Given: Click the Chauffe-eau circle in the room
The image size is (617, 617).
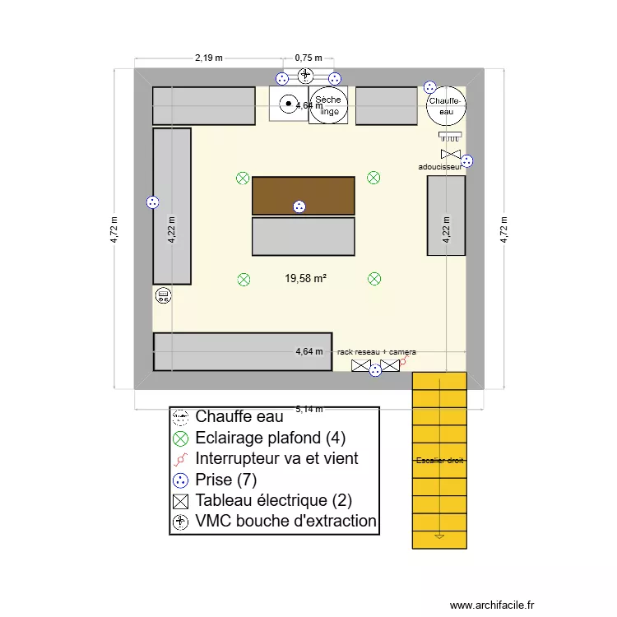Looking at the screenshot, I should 446,105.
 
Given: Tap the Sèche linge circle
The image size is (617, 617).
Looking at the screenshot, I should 329,105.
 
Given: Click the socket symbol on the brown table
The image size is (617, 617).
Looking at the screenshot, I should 299,206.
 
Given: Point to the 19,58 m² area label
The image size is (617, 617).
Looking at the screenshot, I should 306,279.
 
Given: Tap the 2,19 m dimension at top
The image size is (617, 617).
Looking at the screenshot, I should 209,58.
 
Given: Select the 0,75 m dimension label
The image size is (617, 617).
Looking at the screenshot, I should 308,58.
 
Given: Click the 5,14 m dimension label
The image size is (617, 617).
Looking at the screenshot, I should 308,409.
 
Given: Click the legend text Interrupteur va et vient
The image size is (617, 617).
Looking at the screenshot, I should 276,458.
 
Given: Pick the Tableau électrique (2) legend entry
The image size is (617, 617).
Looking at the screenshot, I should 274,500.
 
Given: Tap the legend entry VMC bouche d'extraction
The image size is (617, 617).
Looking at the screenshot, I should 285,521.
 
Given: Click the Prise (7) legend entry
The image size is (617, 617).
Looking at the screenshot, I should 226,479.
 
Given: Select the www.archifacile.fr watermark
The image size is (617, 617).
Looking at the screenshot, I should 493,604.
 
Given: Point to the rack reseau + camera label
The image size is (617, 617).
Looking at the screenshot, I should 377,351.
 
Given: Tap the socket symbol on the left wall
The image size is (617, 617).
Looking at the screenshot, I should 151,202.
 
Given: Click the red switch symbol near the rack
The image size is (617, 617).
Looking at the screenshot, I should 403,360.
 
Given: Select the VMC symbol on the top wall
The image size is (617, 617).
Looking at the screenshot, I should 306,75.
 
